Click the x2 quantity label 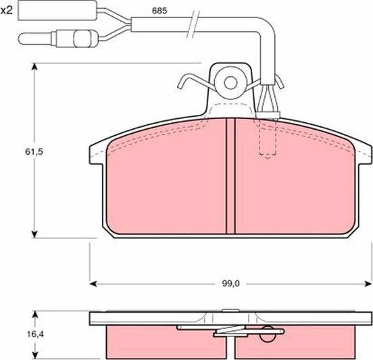coord(7,12)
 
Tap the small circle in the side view coord(270,332)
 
